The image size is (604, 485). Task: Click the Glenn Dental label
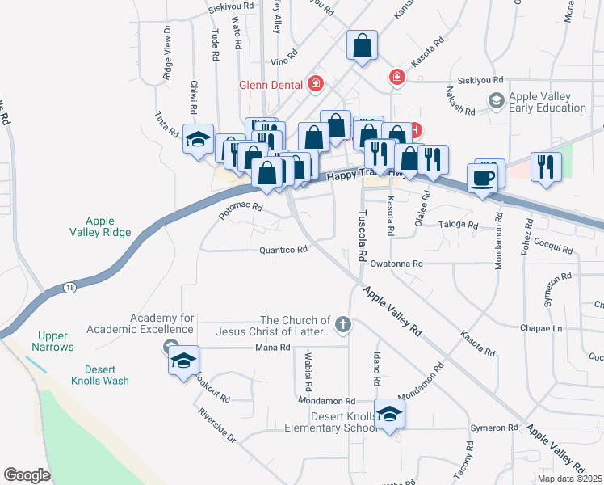pyautogui.click(x=270, y=85)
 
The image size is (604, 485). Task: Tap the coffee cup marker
pyautogui.click(x=482, y=178)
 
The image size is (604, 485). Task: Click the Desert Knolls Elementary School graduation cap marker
pyautogui.click(x=389, y=415)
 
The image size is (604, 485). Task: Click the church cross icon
pyautogui.click(x=344, y=326)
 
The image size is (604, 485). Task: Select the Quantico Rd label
pyautogui.click(x=283, y=251)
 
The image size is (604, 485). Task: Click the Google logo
pyautogui.click(x=27, y=475)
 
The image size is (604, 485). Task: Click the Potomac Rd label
pyautogui.click(x=241, y=212)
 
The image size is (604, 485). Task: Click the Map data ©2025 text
pyautogui.click(x=570, y=479)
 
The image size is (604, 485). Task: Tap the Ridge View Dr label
pyautogui.click(x=167, y=51)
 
